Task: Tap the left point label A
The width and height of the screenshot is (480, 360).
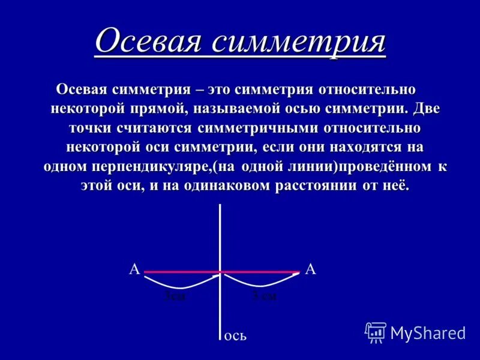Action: [134, 269]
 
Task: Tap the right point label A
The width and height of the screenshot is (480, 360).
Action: [310, 269]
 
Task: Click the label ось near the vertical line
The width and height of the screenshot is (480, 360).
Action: [235, 336]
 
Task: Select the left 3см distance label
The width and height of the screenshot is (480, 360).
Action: [175, 296]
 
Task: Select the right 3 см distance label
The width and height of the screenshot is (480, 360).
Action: [265, 296]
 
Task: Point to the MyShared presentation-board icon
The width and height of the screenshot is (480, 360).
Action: [376, 332]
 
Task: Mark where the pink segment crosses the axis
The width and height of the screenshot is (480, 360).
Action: [221, 272]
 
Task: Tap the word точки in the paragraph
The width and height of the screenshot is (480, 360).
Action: [88, 128]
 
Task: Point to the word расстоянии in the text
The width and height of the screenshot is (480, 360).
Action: [316, 186]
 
